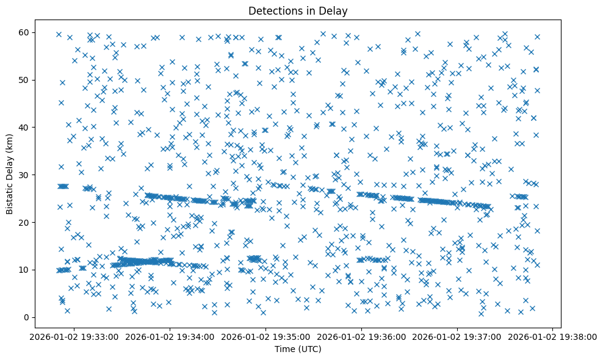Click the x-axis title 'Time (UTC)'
coord(298,350)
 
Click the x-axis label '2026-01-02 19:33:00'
coord(74,336)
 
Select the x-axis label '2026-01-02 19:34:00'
coord(170,336)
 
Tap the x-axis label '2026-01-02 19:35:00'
coord(265,336)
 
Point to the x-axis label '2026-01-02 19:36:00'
coord(361,336)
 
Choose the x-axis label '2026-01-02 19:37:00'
coord(457,336)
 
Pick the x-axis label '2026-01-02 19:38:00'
coord(553,336)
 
